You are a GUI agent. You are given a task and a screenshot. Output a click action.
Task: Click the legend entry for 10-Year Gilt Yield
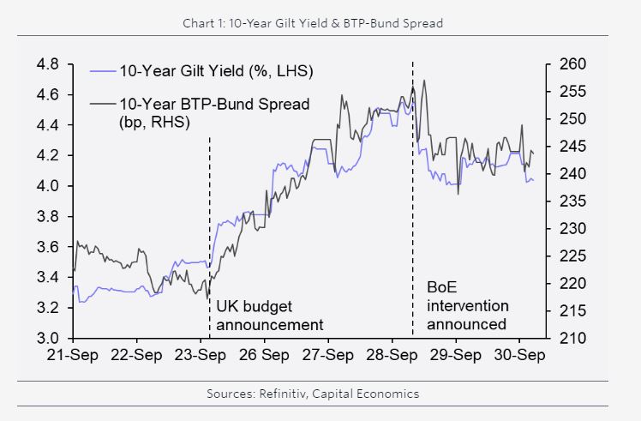tap(215, 70)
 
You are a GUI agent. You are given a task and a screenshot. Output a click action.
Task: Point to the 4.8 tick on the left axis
tap(47, 64)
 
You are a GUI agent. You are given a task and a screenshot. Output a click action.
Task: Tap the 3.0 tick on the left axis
tap(47, 338)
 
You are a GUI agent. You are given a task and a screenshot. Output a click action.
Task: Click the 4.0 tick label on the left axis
tap(47, 186)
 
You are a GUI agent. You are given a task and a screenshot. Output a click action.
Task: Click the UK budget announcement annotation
tap(269, 316)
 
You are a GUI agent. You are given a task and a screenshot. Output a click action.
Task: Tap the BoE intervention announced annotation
tap(467, 305)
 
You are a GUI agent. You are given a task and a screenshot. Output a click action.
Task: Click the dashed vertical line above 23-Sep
tap(210, 214)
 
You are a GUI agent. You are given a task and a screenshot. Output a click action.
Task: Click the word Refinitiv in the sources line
tap(283, 394)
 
